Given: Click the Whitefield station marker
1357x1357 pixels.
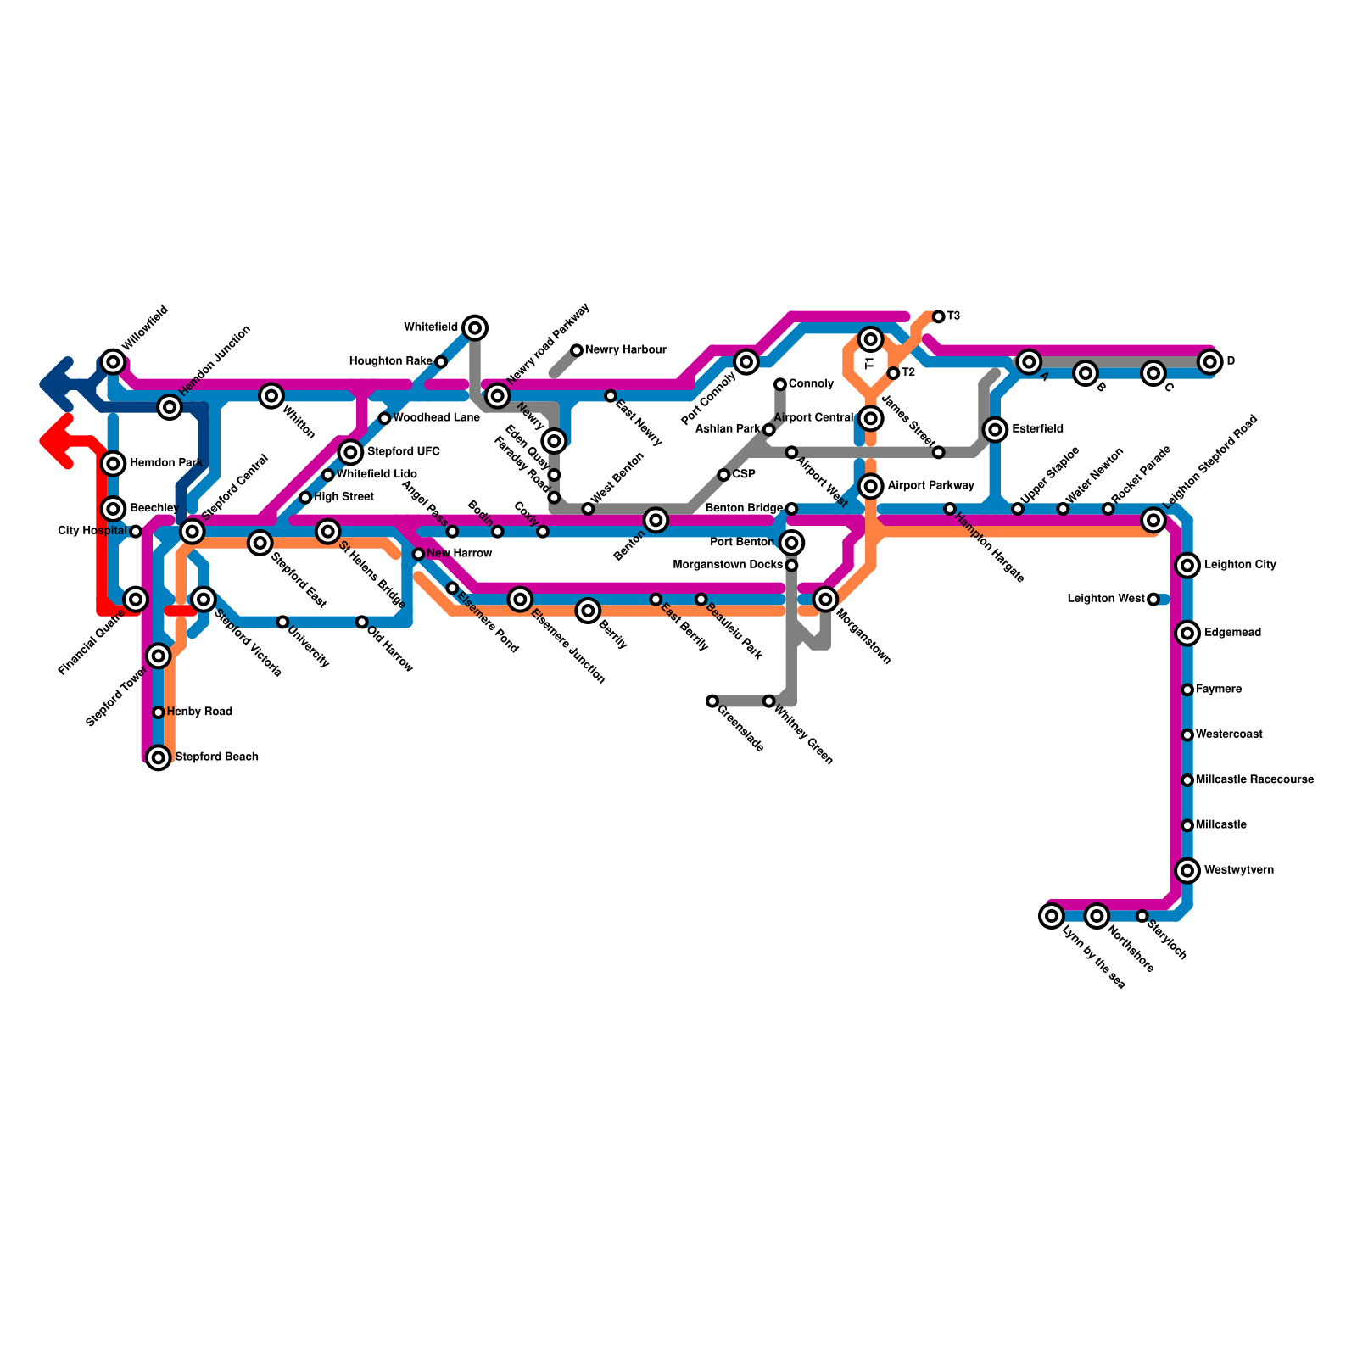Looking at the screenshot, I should pyautogui.click(x=475, y=327).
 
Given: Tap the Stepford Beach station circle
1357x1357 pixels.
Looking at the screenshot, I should pyautogui.click(x=159, y=757).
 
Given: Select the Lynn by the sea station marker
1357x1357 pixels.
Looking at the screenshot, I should pyautogui.click(x=1052, y=916).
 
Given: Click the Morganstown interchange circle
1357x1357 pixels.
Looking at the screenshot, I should pyautogui.click(x=825, y=600).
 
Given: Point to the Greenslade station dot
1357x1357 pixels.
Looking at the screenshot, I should pyautogui.click(x=712, y=701).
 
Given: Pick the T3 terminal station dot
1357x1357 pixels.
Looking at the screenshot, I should pyautogui.click(x=938, y=317).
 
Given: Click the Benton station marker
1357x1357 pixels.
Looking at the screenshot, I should pyautogui.click(x=656, y=520).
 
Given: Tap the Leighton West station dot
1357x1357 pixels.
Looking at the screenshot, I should pyautogui.click(x=1153, y=600).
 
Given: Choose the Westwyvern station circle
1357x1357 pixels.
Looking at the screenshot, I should pyautogui.click(x=1187, y=870).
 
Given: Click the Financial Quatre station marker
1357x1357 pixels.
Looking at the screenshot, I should pyautogui.click(x=136, y=600).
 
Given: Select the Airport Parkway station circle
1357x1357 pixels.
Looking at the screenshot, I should pyautogui.click(x=870, y=486).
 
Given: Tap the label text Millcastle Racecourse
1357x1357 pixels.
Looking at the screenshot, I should pyautogui.click(x=1254, y=780).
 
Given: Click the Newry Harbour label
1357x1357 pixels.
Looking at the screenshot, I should pyautogui.click(x=625, y=350).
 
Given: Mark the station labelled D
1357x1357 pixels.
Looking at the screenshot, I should pyautogui.click(x=1209, y=362).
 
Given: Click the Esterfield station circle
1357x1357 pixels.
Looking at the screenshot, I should pyautogui.click(x=996, y=430).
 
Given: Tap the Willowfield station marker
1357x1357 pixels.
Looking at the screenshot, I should pyautogui.click(x=113, y=362).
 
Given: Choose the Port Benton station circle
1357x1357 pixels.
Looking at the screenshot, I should pyautogui.click(x=791, y=543).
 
